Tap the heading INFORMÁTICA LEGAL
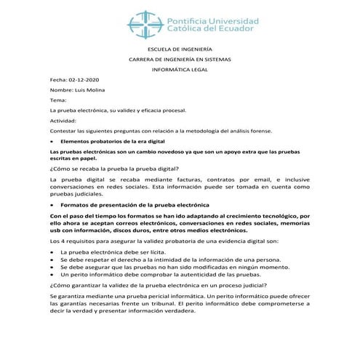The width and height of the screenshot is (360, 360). (180, 71)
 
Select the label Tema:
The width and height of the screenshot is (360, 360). (59, 100)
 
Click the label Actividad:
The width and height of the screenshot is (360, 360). (63, 120)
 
